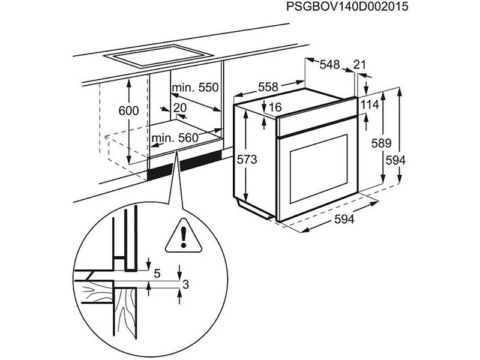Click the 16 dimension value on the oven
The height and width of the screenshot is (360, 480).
[x=275, y=107]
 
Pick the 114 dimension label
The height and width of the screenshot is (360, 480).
[x=370, y=105]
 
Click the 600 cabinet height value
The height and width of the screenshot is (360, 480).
[x=128, y=111]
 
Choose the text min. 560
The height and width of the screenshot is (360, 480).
[x=175, y=139]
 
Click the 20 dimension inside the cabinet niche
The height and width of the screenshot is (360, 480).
[x=179, y=107]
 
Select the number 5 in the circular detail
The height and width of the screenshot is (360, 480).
[x=157, y=274]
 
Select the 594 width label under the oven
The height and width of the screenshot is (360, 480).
[x=344, y=220]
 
